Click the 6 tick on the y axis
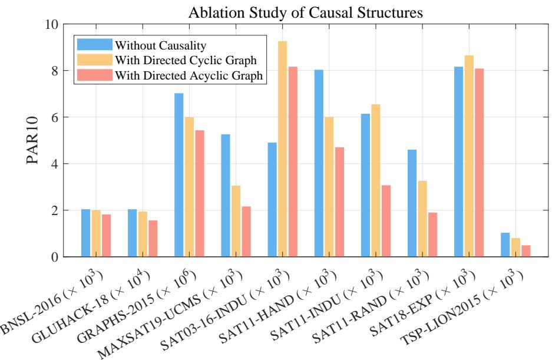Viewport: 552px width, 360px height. (x=54, y=117)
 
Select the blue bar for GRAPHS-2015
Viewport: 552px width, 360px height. (x=179, y=175)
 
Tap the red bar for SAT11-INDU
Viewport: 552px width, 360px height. (x=386, y=221)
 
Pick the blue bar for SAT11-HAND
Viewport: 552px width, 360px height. (x=319, y=163)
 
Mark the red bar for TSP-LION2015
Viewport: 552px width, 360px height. (x=526, y=251)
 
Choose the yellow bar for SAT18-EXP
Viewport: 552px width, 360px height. (x=469, y=156)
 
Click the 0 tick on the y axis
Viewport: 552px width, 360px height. (x=54, y=257)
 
